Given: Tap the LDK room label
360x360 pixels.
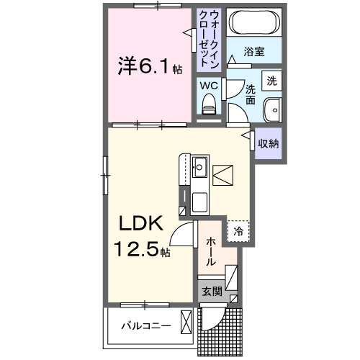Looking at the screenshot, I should click(143, 224).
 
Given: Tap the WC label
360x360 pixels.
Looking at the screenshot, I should click(209, 85).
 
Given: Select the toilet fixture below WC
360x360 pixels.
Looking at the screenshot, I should click(210, 107).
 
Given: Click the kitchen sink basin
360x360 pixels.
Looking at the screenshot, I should click(199, 170).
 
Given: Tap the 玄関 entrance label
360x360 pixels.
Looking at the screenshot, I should click(211, 292).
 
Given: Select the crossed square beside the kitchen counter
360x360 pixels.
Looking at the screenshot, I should click(223, 175).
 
